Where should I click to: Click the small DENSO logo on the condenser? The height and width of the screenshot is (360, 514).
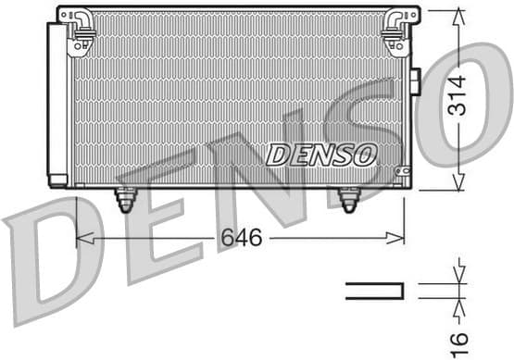pos(321,155)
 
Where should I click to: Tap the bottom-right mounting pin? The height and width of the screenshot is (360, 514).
pos(349,198)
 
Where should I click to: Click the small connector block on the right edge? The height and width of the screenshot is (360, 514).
pos(416,81)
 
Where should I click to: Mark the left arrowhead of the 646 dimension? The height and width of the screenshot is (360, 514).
pos(81,239)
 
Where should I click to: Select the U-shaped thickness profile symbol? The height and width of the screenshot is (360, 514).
pos(375,291)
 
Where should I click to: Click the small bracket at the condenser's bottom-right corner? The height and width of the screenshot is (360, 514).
pos(402,172)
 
